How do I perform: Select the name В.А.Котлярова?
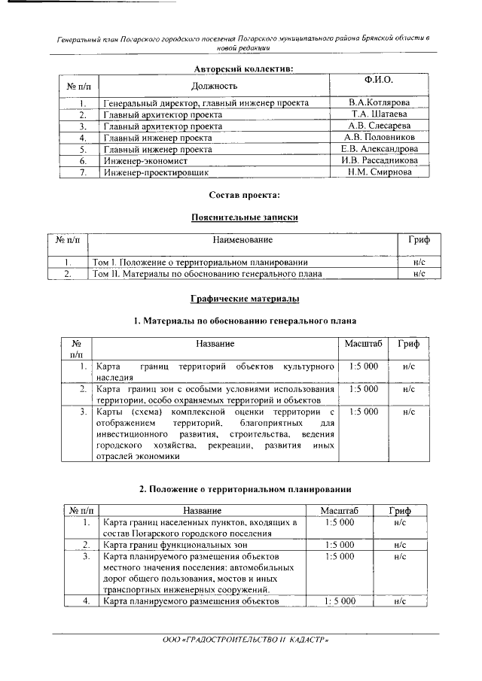tap(379, 102)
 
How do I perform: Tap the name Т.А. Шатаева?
tap(379, 114)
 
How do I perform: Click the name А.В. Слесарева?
tap(379, 126)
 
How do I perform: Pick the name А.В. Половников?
tap(379, 138)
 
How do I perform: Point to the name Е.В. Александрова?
tap(379, 149)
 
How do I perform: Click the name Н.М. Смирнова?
tap(379, 172)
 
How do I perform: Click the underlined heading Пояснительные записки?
tap(244, 217)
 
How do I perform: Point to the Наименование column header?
tap(243, 240)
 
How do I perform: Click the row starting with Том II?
tap(207, 274)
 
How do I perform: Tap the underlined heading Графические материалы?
tap(244, 299)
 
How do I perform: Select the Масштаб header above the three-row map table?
tap(364, 344)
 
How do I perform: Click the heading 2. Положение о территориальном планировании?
tap(245, 489)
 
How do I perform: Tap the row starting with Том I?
tap(200, 262)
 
